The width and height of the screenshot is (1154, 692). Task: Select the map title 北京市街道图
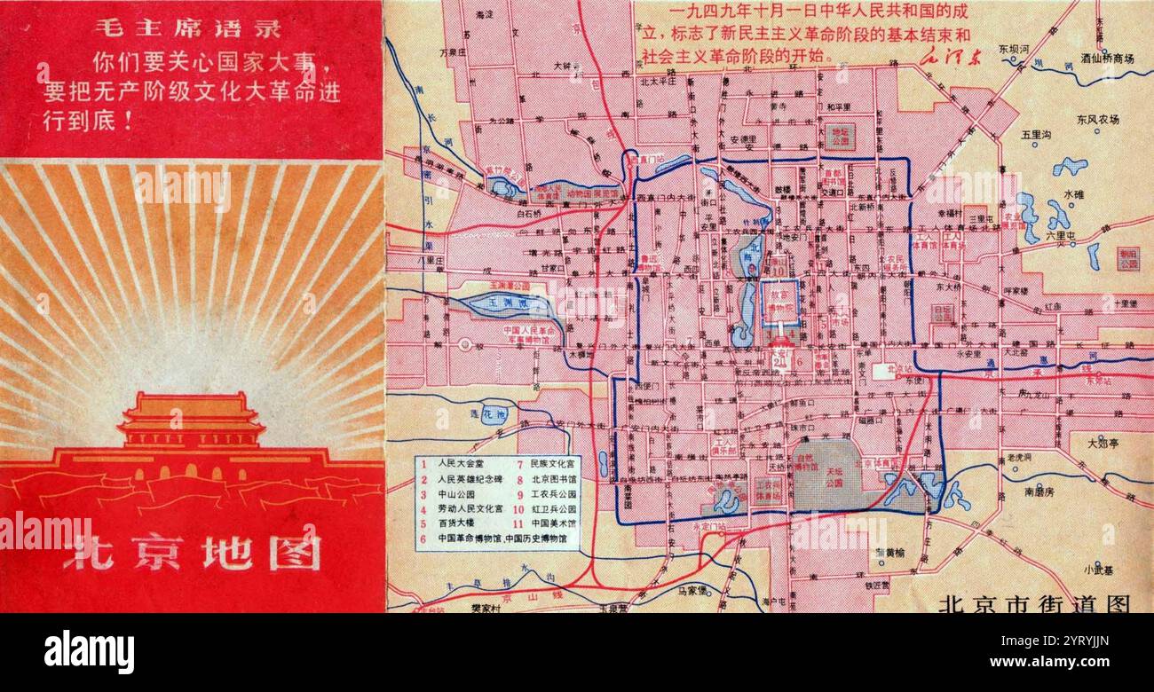[x=1034, y=604]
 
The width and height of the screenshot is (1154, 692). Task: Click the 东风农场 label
[x=1098, y=119]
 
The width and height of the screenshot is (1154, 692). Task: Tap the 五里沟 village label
[x=1035, y=136]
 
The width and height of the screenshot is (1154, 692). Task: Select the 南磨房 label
[x=1039, y=490]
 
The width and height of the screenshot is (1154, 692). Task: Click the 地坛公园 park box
[x=839, y=136]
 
